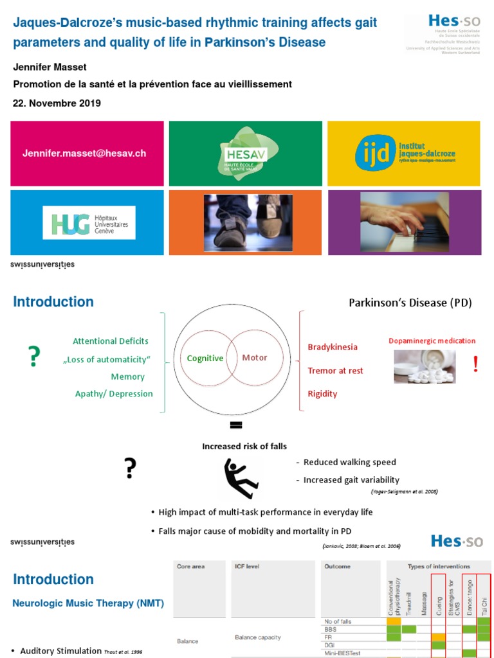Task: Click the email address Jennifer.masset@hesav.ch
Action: pos(84,154)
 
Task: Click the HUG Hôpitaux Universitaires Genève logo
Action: pos(89,222)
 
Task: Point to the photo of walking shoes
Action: pos(248,223)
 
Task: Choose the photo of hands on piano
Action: pos(404,222)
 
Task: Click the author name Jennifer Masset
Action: pos(49,67)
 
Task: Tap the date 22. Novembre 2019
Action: pos(57,103)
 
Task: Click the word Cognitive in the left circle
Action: pos(205,358)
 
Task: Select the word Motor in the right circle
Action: pos(254,357)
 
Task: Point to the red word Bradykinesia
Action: pos(333,347)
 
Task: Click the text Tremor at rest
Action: pos(335,371)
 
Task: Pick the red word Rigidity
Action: pos(322,394)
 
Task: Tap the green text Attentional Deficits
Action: pos(111,341)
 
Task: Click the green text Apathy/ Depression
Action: pos(114,393)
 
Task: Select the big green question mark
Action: pos(34,357)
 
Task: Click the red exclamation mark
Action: pos(475,364)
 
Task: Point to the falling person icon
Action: pos(241,478)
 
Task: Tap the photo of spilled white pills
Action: pos(425,367)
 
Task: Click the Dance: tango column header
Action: pos(469,594)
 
